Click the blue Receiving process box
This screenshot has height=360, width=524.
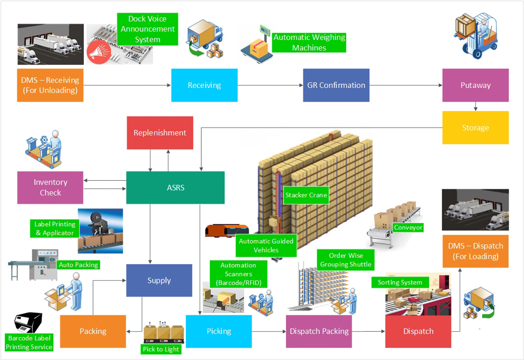[204, 85]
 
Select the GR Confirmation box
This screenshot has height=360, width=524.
[336, 85]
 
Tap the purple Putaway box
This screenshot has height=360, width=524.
[475, 85]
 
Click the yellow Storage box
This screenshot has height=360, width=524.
[475, 127]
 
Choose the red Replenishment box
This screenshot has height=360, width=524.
[160, 133]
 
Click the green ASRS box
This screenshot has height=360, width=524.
[176, 188]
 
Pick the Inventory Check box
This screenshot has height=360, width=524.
[50, 187]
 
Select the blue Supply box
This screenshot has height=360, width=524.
[159, 280]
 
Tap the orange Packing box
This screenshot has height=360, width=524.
[93, 331]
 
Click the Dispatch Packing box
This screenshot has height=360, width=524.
[319, 331]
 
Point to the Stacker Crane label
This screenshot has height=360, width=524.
[306, 195]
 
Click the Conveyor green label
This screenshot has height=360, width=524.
[408, 227]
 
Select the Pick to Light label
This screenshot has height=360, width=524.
[161, 349]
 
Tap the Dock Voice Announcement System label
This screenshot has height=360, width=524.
[148, 29]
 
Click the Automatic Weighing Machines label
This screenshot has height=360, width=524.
[309, 42]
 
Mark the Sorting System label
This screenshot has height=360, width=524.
[400, 282]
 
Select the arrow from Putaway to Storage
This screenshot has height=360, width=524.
[475, 106]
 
